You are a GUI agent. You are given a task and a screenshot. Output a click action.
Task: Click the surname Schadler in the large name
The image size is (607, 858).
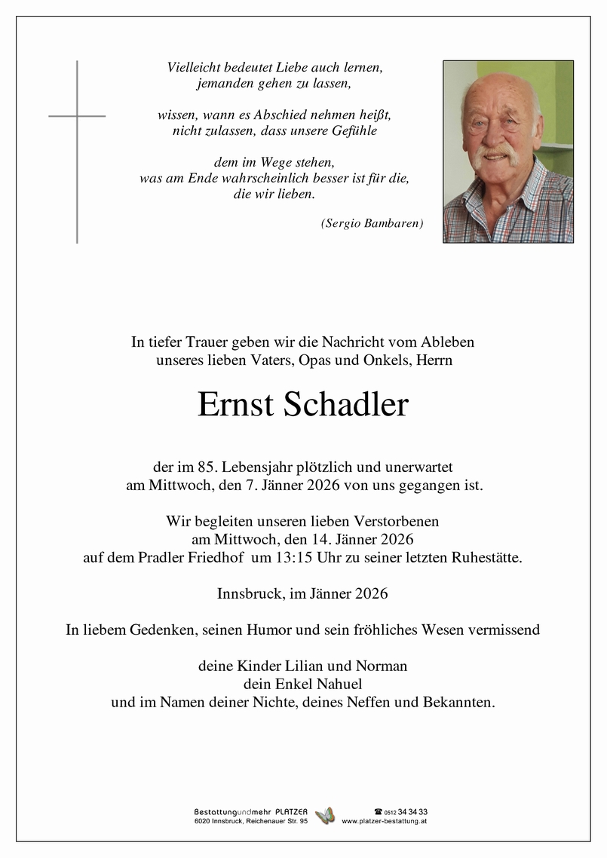coord(346,406)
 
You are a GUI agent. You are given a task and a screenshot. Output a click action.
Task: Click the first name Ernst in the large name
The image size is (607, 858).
coord(236,406)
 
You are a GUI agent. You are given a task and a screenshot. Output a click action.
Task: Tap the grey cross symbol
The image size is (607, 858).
coord(77,151)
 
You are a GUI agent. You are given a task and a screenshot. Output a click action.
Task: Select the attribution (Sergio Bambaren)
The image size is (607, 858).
coord(372,223)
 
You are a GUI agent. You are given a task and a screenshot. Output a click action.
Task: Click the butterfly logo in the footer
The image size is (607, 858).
coord(324,816)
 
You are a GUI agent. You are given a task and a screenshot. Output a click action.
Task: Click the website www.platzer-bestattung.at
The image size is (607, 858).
coord(385,821)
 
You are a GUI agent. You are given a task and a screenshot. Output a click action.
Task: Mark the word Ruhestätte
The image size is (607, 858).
coord(485,558)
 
